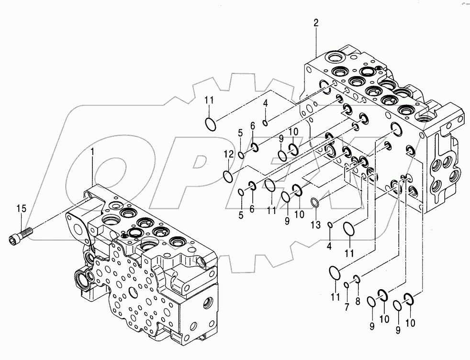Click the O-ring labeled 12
pyautogui.click(x=229, y=177)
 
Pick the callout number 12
pyautogui.click(x=229, y=154)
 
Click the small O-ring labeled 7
pyautogui.click(x=346, y=286)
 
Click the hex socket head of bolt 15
pyautogui.click(x=14, y=237)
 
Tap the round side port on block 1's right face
pyautogui.click(x=208, y=303)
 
